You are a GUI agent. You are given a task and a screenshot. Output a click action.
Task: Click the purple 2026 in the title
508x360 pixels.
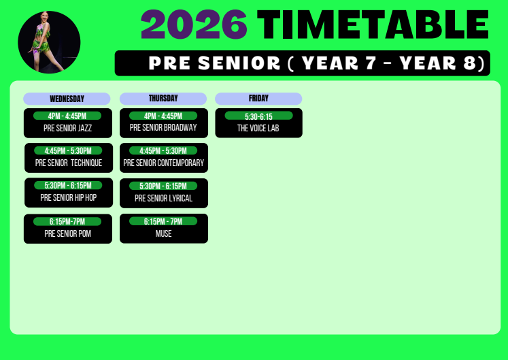(x=194, y=24)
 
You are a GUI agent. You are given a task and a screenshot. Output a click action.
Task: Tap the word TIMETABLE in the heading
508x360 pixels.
(x=373, y=24)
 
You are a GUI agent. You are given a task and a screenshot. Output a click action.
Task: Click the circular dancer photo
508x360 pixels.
(x=49, y=42)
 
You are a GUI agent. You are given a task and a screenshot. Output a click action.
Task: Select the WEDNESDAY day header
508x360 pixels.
(x=67, y=99)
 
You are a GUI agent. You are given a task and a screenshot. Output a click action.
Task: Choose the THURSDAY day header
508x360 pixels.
(x=163, y=99)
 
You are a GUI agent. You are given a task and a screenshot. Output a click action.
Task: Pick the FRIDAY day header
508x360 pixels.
(x=258, y=99)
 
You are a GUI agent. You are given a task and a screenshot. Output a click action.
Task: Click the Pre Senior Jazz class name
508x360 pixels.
(x=68, y=128)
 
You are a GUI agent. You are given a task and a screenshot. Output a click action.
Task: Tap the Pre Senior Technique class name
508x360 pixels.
(x=69, y=163)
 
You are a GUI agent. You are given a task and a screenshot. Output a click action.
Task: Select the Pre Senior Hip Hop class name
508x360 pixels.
(x=69, y=197)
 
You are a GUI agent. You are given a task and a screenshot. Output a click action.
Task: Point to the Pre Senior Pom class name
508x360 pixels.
(x=68, y=233)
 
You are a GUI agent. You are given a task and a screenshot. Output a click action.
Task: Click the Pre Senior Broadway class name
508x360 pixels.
(x=163, y=127)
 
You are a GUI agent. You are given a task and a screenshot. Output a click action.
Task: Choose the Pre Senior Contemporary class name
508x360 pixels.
(x=164, y=163)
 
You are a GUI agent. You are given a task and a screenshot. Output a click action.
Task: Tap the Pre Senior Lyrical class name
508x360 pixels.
(x=164, y=198)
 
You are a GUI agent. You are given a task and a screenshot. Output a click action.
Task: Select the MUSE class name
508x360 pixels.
(x=164, y=233)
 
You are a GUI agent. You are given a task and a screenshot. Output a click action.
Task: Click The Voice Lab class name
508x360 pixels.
(x=258, y=128)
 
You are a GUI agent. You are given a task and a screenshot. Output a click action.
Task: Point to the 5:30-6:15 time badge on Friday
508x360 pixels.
(x=259, y=116)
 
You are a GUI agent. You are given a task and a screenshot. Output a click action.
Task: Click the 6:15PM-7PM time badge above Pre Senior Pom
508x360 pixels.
(x=67, y=222)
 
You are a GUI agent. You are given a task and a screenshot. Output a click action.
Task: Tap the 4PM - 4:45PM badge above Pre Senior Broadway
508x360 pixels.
(x=163, y=116)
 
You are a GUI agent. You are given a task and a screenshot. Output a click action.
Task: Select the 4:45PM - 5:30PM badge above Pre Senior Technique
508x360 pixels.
(x=68, y=150)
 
